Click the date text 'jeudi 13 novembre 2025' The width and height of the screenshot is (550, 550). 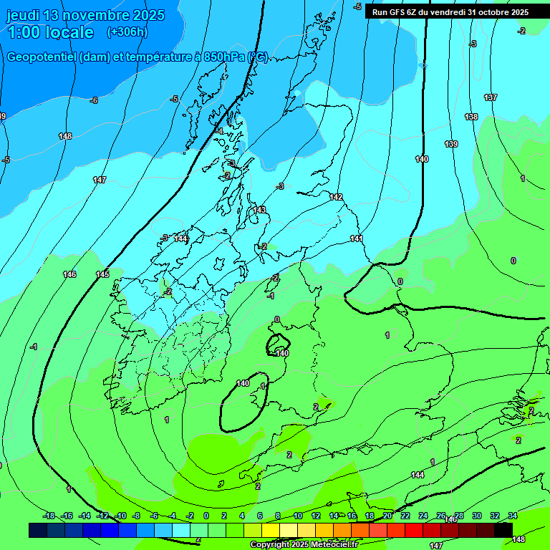pos(85,15)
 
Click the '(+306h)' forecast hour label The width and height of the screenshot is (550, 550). pos(127,32)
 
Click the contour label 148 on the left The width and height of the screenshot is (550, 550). pos(65,136)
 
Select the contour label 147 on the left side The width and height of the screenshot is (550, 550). pos(100,180)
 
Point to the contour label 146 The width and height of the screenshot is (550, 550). pos(69,274)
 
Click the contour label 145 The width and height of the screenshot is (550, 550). pos(102,274)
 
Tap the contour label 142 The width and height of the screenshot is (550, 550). pos(336,197)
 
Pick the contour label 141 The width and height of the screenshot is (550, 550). pos(357,238)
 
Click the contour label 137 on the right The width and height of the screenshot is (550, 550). pos(491,97)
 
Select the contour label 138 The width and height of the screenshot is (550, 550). pos(471,117)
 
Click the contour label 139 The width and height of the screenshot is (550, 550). pos(451,145)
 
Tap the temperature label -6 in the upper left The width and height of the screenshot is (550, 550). pos(93,100)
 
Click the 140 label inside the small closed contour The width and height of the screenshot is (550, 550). pos(282,353)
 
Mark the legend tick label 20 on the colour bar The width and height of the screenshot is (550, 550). pos(387,516)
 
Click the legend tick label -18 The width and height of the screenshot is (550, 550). pos(49,516)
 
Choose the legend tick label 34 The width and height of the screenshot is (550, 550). pos(513,516)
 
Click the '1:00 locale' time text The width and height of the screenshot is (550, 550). pos(50,32)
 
